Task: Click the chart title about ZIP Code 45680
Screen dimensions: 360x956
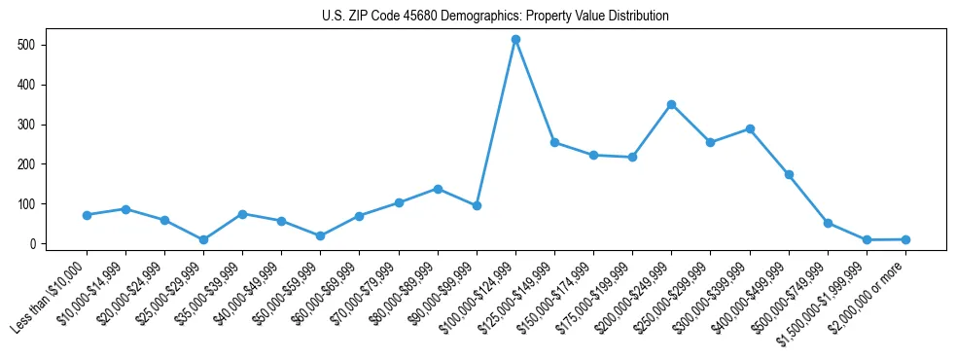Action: click(x=495, y=17)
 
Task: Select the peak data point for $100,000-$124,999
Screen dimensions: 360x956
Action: click(x=515, y=39)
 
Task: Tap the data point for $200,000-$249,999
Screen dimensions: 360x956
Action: click(x=671, y=104)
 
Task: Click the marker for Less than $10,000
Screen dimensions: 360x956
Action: click(x=87, y=215)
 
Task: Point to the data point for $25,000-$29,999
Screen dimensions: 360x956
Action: click(x=203, y=239)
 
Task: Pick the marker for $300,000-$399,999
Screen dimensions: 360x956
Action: click(x=750, y=128)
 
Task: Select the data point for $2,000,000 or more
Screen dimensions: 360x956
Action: click(x=905, y=239)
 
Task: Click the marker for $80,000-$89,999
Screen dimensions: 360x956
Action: click(x=438, y=189)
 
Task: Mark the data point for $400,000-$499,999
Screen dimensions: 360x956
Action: click(x=789, y=174)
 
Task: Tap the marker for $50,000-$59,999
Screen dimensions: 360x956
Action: click(x=320, y=235)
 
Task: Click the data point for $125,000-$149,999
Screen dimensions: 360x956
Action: click(x=554, y=142)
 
